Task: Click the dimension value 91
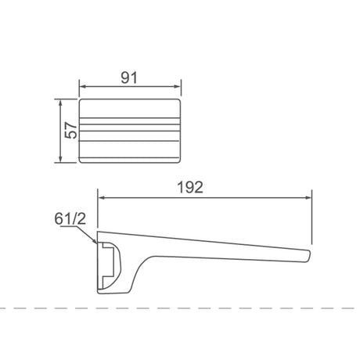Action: coord(131,77)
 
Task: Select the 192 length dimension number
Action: coord(190,187)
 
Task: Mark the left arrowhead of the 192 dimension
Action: coord(99,199)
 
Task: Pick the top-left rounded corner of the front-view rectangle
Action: coord(81,101)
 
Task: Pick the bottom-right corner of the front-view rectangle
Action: coord(180,162)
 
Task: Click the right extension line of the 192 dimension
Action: coord(312,219)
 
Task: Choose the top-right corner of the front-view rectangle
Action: coord(180,101)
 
